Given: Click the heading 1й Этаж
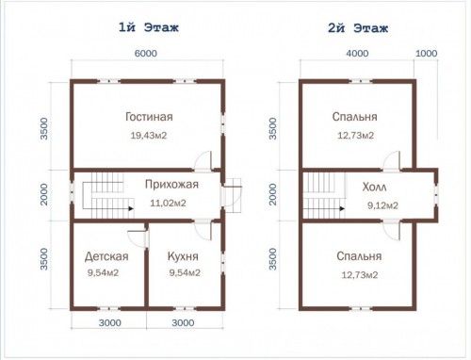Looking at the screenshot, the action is pyautogui.click(x=149, y=27).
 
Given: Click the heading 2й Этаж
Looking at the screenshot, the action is pyautogui.click(x=358, y=28).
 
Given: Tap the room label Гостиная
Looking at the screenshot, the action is pyautogui.click(x=149, y=117).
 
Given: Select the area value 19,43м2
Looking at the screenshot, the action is pyautogui.click(x=149, y=136).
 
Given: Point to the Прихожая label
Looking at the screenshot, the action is pyautogui.click(x=171, y=184).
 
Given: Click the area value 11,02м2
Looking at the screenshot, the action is pyautogui.click(x=168, y=203).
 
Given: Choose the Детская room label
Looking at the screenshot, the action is pyautogui.click(x=106, y=256).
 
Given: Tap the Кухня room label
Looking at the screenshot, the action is pyautogui.click(x=183, y=256).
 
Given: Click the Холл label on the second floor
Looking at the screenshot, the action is pyautogui.click(x=374, y=188).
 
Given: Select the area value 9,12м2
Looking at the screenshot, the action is pyautogui.click(x=382, y=205).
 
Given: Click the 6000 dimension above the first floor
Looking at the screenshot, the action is pyautogui.click(x=146, y=54).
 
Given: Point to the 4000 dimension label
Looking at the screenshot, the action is pyautogui.click(x=357, y=54).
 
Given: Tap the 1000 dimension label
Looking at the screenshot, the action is pyautogui.click(x=427, y=54).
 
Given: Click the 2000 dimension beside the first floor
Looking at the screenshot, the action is pyautogui.click(x=44, y=194).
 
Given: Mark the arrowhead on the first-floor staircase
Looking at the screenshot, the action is pyautogui.click(x=131, y=208).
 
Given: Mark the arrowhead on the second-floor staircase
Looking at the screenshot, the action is pyautogui.click(x=342, y=208).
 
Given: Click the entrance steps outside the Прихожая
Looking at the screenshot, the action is pyautogui.click(x=233, y=195).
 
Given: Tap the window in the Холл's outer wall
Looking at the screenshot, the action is pyautogui.click(x=436, y=195).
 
